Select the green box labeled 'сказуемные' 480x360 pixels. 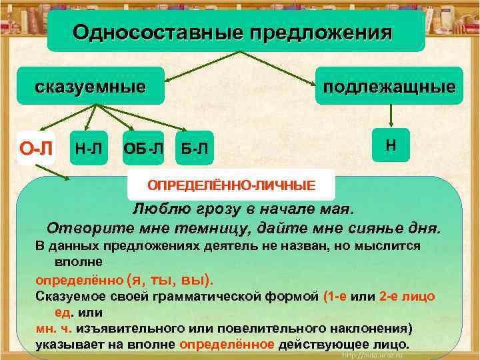[x=91, y=87]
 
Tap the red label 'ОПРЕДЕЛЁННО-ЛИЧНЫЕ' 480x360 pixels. [x=231, y=184]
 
